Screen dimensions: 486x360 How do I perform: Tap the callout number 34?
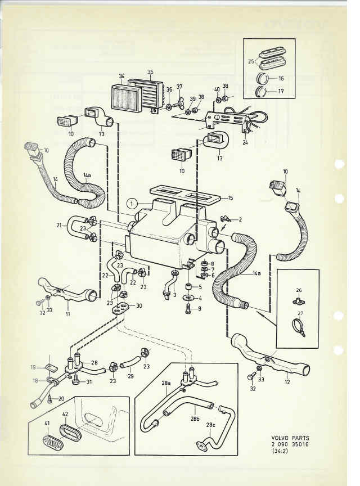pos(121,75)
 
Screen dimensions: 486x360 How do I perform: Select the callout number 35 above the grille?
pos(150,72)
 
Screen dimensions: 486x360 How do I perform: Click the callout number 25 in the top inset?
pos(251,61)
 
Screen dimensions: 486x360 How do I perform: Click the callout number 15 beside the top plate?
pos(229,198)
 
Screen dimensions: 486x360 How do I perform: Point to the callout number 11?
pos(68,313)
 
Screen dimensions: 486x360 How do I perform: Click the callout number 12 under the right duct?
pos(287,373)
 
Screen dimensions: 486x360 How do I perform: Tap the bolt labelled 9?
pos(187,308)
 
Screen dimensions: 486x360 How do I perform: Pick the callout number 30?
pos(139,305)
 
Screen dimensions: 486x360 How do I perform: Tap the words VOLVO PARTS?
pos(290,438)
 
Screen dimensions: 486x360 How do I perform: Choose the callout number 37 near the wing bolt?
pos(179,87)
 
